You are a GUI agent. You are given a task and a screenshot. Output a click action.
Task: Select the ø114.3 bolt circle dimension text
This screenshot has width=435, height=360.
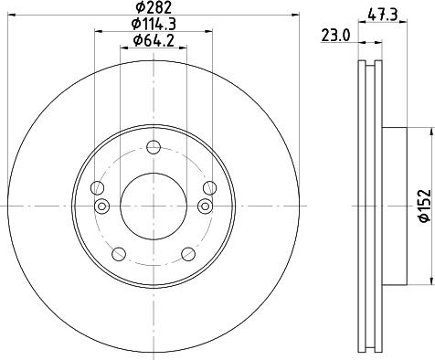(154, 24)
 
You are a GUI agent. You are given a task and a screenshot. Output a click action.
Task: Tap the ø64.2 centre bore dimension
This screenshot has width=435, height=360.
(154, 40)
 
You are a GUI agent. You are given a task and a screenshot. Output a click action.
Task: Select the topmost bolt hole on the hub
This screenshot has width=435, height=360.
(154, 149)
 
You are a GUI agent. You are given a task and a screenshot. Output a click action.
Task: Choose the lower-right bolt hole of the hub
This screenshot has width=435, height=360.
(188, 254)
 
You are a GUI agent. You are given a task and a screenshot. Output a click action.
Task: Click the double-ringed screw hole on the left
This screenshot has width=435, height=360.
(101, 205)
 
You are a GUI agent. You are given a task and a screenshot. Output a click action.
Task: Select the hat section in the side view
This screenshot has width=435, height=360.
(393, 206)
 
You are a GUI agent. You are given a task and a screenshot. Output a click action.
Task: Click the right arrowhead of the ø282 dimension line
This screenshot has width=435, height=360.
(296, 16)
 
